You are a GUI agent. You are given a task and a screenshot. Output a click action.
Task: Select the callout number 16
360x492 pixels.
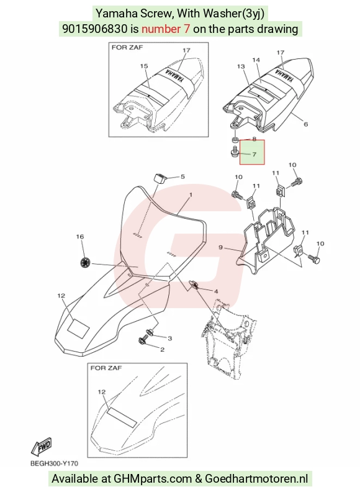(80, 237)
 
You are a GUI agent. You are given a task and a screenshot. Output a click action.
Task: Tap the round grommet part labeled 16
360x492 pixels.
(84, 262)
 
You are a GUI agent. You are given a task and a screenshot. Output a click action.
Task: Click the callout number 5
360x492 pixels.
(182, 176)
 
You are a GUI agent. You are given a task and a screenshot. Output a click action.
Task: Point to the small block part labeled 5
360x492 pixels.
(160, 178)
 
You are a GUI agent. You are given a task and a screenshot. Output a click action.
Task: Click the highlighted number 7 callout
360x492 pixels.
(254, 154)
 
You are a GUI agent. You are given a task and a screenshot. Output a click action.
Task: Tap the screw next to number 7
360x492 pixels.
(234, 152)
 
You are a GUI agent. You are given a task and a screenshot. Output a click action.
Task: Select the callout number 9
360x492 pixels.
(220, 248)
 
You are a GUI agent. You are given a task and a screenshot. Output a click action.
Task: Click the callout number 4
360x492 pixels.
(216, 291)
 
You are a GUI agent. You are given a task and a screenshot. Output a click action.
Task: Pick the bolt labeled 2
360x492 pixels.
(143, 340)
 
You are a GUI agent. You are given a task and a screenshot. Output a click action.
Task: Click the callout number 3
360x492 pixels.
(169, 338)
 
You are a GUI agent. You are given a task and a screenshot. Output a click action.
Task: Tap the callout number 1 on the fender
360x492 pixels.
(191, 195)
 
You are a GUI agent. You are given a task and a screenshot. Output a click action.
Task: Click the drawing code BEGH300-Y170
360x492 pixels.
(54, 463)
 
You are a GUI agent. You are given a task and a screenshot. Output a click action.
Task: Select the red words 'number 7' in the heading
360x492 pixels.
(166, 29)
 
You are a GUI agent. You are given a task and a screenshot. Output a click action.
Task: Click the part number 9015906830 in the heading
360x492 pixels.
(95, 29)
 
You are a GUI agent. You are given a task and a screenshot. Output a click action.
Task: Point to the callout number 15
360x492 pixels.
(144, 66)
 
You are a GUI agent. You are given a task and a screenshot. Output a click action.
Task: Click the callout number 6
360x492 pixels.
(306, 124)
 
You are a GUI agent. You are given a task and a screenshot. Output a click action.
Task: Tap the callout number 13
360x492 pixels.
(241, 66)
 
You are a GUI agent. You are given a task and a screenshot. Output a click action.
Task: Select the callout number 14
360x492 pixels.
(256, 60)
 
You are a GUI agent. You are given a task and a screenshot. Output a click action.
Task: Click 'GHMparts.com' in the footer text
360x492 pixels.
(153, 479)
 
